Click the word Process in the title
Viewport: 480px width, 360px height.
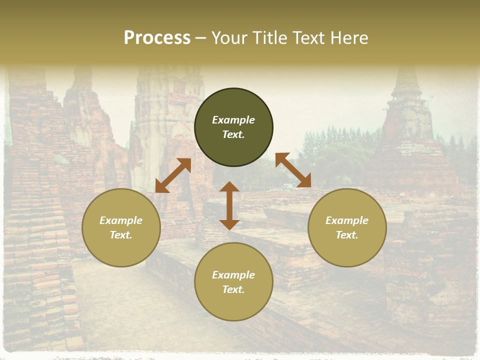(x=157, y=38)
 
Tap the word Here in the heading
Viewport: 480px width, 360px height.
(x=348, y=38)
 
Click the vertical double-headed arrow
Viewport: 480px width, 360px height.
(x=229, y=205)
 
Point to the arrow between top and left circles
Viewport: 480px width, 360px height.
(x=173, y=175)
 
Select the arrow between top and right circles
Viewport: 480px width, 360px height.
(x=293, y=170)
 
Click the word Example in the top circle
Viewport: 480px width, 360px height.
(x=233, y=120)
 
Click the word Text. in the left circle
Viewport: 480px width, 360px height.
(x=121, y=235)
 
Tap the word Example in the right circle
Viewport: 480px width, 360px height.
(x=347, y=220)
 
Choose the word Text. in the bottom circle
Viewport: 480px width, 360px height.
(x=233, y=289)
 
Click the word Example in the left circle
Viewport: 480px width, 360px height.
(x=121, y=220)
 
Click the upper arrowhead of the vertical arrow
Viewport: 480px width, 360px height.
(x=229, y=186)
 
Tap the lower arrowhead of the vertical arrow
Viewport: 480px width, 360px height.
(x=229, y=224)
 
